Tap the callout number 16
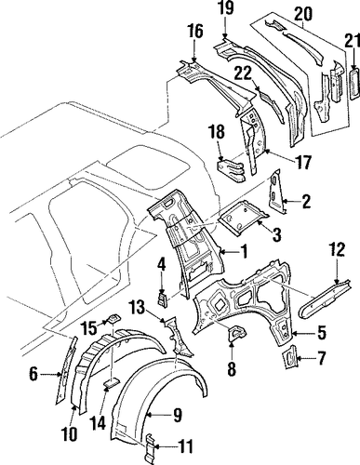pos(195,32)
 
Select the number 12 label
pos(337,251)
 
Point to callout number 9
pos(177,415)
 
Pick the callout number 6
pos(33,374)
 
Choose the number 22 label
pos(244,74)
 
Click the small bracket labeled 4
pos(163,299)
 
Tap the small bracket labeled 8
pos(237,334)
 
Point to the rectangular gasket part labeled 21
pos(355,84)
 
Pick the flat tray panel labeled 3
pos(244,219)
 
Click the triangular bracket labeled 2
pos(276,192)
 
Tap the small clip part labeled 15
pos(113,319)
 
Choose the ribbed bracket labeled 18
pos(232,170)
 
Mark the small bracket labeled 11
pos(150,448)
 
